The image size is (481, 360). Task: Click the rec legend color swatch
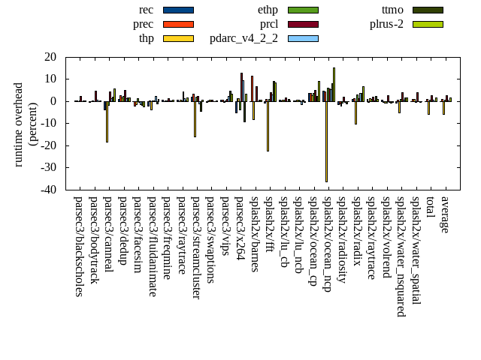[x=178, y=10]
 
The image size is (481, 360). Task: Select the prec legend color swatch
[x=178, y=24]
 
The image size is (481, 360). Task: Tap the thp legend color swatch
[x=178, y=38]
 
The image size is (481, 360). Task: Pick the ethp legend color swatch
[x=303, y=10]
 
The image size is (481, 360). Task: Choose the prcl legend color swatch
[x=303, y=24]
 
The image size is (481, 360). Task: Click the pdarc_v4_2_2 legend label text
[x=244, y=38]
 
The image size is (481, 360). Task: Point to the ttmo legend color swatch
[x=427, y=10]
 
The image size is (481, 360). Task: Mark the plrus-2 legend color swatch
[x=427, y=24]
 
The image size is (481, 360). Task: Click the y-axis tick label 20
[x=51, y=57]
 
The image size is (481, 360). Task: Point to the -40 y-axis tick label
[x=49, y=190]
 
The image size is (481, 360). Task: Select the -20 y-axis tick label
[x=49, y=145]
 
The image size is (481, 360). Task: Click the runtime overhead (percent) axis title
[x=26, y=124]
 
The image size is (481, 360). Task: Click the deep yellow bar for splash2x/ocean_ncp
[x=326, y=141]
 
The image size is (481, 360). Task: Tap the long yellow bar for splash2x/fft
[x=268, y=126]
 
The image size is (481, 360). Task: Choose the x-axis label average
[x=445, y=214]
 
